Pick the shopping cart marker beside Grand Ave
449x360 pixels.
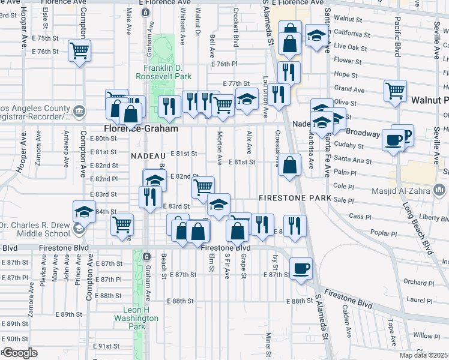pos(396,91)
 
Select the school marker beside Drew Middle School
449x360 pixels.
pos(84,211)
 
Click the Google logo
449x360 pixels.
pos(19,353)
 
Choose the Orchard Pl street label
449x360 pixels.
pos(414,283)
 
